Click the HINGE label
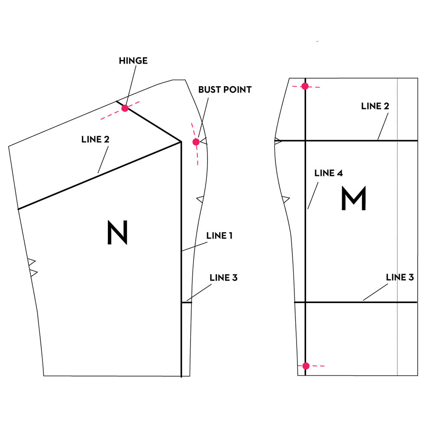pos(133,61)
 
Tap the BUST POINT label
pos(225,90)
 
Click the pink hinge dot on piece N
pos(125,108)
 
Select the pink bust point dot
pos(196,142)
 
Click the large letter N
pos(117,232)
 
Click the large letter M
pos(354,198)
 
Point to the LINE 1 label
pos(219,236)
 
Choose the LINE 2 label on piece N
pos(95,139)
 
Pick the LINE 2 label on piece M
pos(375,106)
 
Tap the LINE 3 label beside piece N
pos(223,278)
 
